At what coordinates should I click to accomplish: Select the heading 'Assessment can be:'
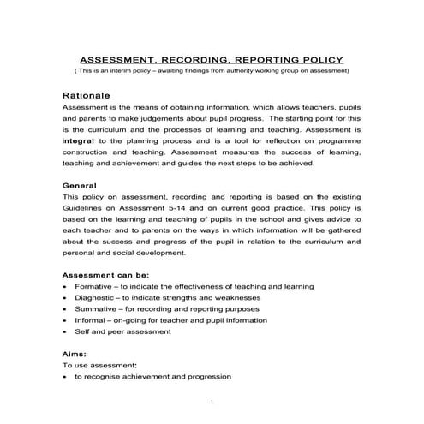[x=100, y=274]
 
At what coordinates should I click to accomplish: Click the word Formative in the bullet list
[x=94, y=286]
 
